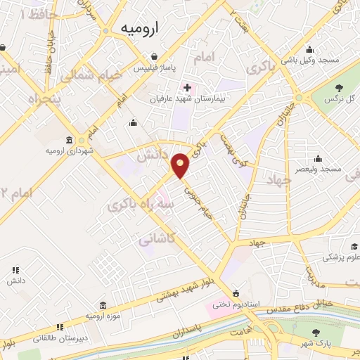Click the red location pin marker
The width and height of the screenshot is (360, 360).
(x=181, y=166)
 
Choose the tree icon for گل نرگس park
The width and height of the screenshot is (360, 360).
(x=340, y=88)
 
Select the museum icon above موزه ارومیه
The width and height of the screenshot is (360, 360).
(x=103, y=305)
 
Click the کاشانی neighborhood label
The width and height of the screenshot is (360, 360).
(x=154, y=239)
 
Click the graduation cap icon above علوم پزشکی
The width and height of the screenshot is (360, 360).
(x=355, y=245)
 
